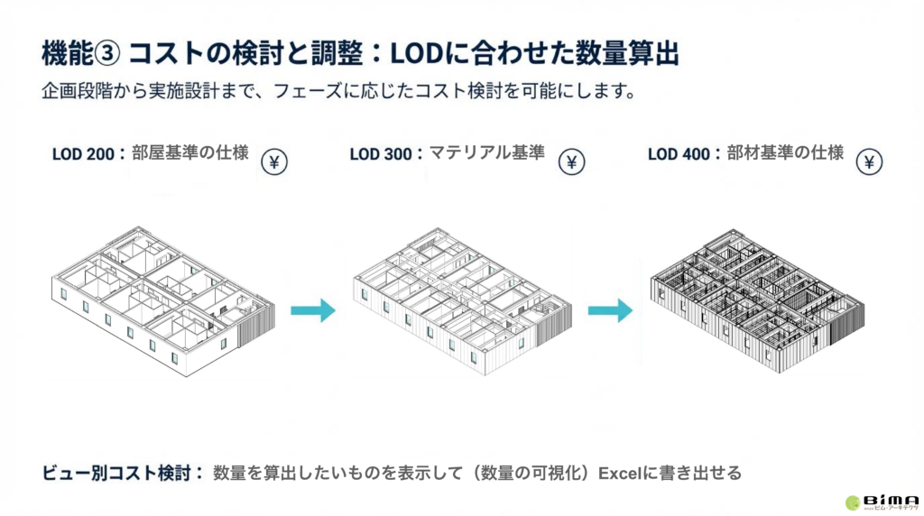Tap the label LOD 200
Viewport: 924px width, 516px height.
click(x=83, y=153)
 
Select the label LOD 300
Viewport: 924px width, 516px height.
click(x=381, y=153)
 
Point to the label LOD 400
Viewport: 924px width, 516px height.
click(x=679, y=153)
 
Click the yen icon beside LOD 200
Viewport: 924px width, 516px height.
click(x=275, y=161)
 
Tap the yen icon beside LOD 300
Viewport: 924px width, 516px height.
click(x=572, y=161)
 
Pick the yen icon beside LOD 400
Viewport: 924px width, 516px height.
click(x=869, y=161)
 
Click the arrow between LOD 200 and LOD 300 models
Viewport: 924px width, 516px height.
click(x=312, y=310)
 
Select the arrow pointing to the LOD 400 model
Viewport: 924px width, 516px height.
click(x=610, y=310)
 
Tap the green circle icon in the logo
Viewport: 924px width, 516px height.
click(x=853, y=502)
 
